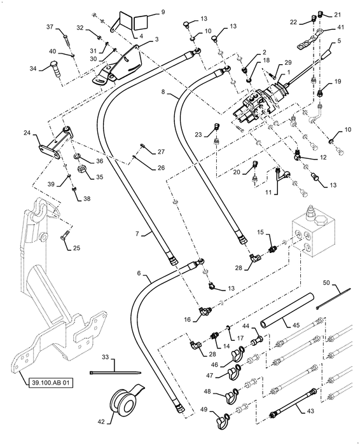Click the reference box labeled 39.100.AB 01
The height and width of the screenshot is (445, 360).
[x=50, y=383]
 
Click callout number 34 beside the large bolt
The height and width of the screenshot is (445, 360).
[x=34, y=68]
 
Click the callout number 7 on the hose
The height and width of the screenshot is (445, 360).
[x=137, y=233]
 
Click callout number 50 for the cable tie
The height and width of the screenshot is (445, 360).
[x=326, y=283]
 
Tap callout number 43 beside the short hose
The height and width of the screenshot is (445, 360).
[x=310, y=411]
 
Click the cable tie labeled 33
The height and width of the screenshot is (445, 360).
[x=116, y=373]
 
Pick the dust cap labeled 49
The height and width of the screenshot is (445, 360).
[x=223, y=418]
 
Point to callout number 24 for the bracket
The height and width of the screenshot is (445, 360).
[x=27, y=132]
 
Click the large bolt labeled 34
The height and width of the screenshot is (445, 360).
[x=56, y=69]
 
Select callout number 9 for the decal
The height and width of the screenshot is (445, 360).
[x=163, y=12]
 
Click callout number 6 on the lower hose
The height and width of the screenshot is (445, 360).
[x=139, y=273]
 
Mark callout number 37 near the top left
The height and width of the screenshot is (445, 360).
[x=50, y=27]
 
